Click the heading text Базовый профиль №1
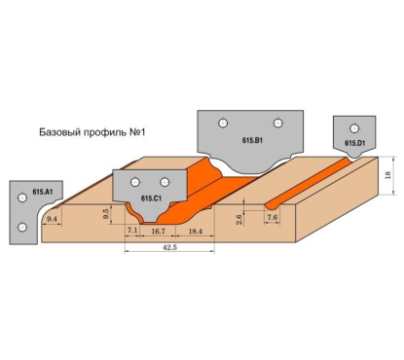98,132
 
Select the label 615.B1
254,141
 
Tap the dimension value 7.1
132,231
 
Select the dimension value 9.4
53,222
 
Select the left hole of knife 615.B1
224,123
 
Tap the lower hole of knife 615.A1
19,228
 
